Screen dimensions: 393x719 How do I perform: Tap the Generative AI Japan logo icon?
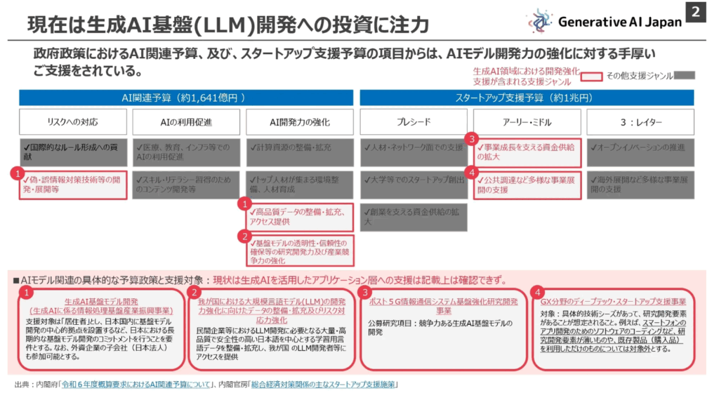tap(540, 22)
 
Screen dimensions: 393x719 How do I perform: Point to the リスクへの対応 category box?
tap(73, 122)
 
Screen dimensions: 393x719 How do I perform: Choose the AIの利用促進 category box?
tap(186, 122)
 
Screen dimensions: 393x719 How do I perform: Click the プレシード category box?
tap(414, 122)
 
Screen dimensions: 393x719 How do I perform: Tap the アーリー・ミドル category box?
tap(527, 122)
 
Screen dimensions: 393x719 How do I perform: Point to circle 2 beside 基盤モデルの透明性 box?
tap(244, 237)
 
